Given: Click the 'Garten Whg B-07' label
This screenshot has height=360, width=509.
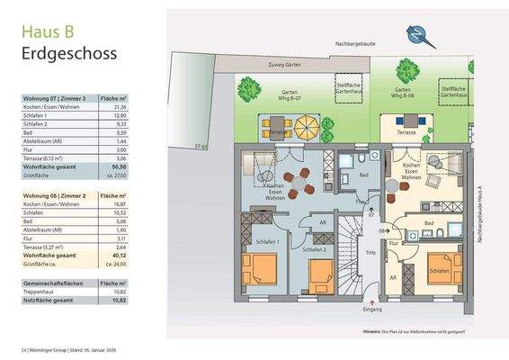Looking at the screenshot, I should (280, 96).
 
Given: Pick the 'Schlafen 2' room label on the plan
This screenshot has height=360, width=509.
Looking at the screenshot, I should (315, 249).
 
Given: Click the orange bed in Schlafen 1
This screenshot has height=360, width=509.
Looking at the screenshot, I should (261, 269).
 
